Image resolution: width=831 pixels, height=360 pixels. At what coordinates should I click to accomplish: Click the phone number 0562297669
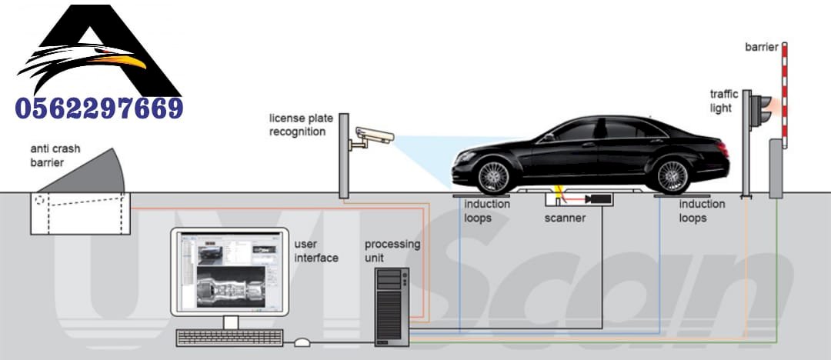click(x=98, y=107)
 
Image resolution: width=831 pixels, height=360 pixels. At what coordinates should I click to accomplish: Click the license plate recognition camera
click(x=373, y=136)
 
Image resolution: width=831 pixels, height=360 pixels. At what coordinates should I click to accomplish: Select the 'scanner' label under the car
click(x=565, y=218)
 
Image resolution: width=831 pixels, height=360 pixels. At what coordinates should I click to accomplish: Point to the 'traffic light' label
click(x=724, y=101)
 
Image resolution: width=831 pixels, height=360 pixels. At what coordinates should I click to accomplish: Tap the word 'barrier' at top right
click(x=761, y=48)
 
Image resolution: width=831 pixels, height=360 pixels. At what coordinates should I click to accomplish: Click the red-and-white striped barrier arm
click(x=785, y=92)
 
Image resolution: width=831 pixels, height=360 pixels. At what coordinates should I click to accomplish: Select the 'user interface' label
click(x=316, y=251)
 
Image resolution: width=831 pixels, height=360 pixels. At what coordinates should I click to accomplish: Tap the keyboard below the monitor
click(x=229, y=337)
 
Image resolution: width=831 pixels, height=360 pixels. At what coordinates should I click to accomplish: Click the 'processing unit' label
click(x=392, y=250)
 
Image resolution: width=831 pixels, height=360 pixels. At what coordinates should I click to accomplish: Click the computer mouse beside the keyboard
click(x=302, y=342)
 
